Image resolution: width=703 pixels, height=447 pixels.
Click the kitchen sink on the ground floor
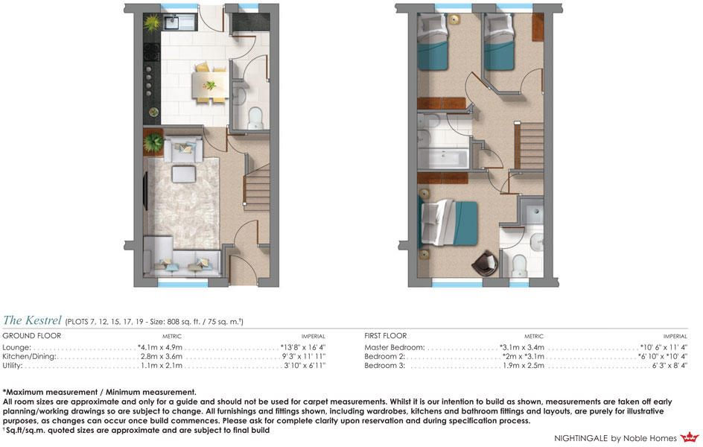click(x=171, y=22)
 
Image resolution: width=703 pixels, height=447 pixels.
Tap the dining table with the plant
click(x=210, y=85)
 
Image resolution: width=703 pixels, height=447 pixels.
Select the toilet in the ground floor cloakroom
click(x=255, y=118)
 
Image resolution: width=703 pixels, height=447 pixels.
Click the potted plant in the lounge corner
click(x=153, y=142)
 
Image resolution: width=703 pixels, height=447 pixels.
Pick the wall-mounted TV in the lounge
click(x=145, y=190)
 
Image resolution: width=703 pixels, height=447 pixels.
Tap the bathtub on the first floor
click(x=443, y=157)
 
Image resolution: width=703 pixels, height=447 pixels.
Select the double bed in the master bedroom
click(x=449, y=223)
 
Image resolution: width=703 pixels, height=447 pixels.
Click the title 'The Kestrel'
click(x=32, y=320)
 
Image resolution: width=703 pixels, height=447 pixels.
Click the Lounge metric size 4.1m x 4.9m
click(x=160, y=347)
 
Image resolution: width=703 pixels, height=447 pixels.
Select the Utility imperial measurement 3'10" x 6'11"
click(x=305, y=365)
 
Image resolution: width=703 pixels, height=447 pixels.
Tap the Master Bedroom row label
click(x=394, y=347)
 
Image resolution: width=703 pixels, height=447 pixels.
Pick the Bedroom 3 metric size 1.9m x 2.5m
click(x=524, y=365)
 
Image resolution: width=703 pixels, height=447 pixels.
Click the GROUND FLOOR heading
click(x=32, y=336)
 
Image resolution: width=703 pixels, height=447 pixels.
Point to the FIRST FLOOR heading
click(x=386, y=336)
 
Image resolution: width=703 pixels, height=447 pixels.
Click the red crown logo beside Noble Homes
click(x=690, y=437)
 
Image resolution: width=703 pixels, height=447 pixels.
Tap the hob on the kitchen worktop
click(x=151, y=52)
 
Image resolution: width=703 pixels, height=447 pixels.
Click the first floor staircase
click(x=529, y=146)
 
